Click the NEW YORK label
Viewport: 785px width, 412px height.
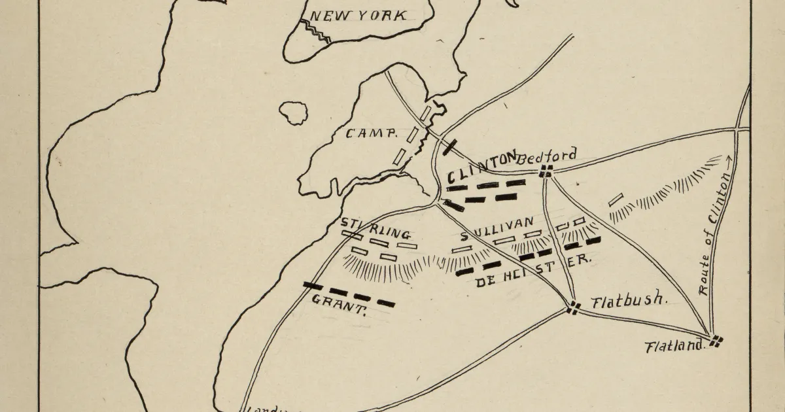[357, 16]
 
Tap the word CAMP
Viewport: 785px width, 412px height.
[371, 133]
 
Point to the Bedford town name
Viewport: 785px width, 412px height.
[548, 156]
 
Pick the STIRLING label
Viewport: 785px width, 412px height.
[375, 229]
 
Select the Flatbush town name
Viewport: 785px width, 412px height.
[628, 302]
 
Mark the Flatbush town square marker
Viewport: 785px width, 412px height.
[574, 307]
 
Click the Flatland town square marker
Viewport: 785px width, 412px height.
[716, 340]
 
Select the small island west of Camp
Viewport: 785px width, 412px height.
[294, 112]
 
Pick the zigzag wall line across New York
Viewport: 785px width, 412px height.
[315, 31]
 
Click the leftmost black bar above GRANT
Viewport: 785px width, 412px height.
[313, 286]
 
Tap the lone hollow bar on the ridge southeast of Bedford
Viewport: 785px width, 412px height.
[616, 199]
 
